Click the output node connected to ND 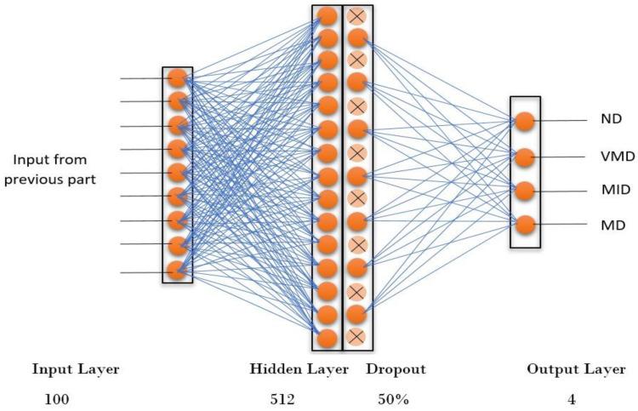[525, 122]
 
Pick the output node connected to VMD [525, 157]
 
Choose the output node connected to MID [525, 191]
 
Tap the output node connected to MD [525, 225]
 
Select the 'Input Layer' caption [76, 369]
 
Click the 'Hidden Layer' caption [299, 369]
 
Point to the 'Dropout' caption [396, 369]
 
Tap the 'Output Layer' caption [576, 369]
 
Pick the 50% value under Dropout [392, 398]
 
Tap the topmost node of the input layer [177, 78]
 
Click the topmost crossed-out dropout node [357, 15]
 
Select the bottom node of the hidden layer [327, 338]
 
